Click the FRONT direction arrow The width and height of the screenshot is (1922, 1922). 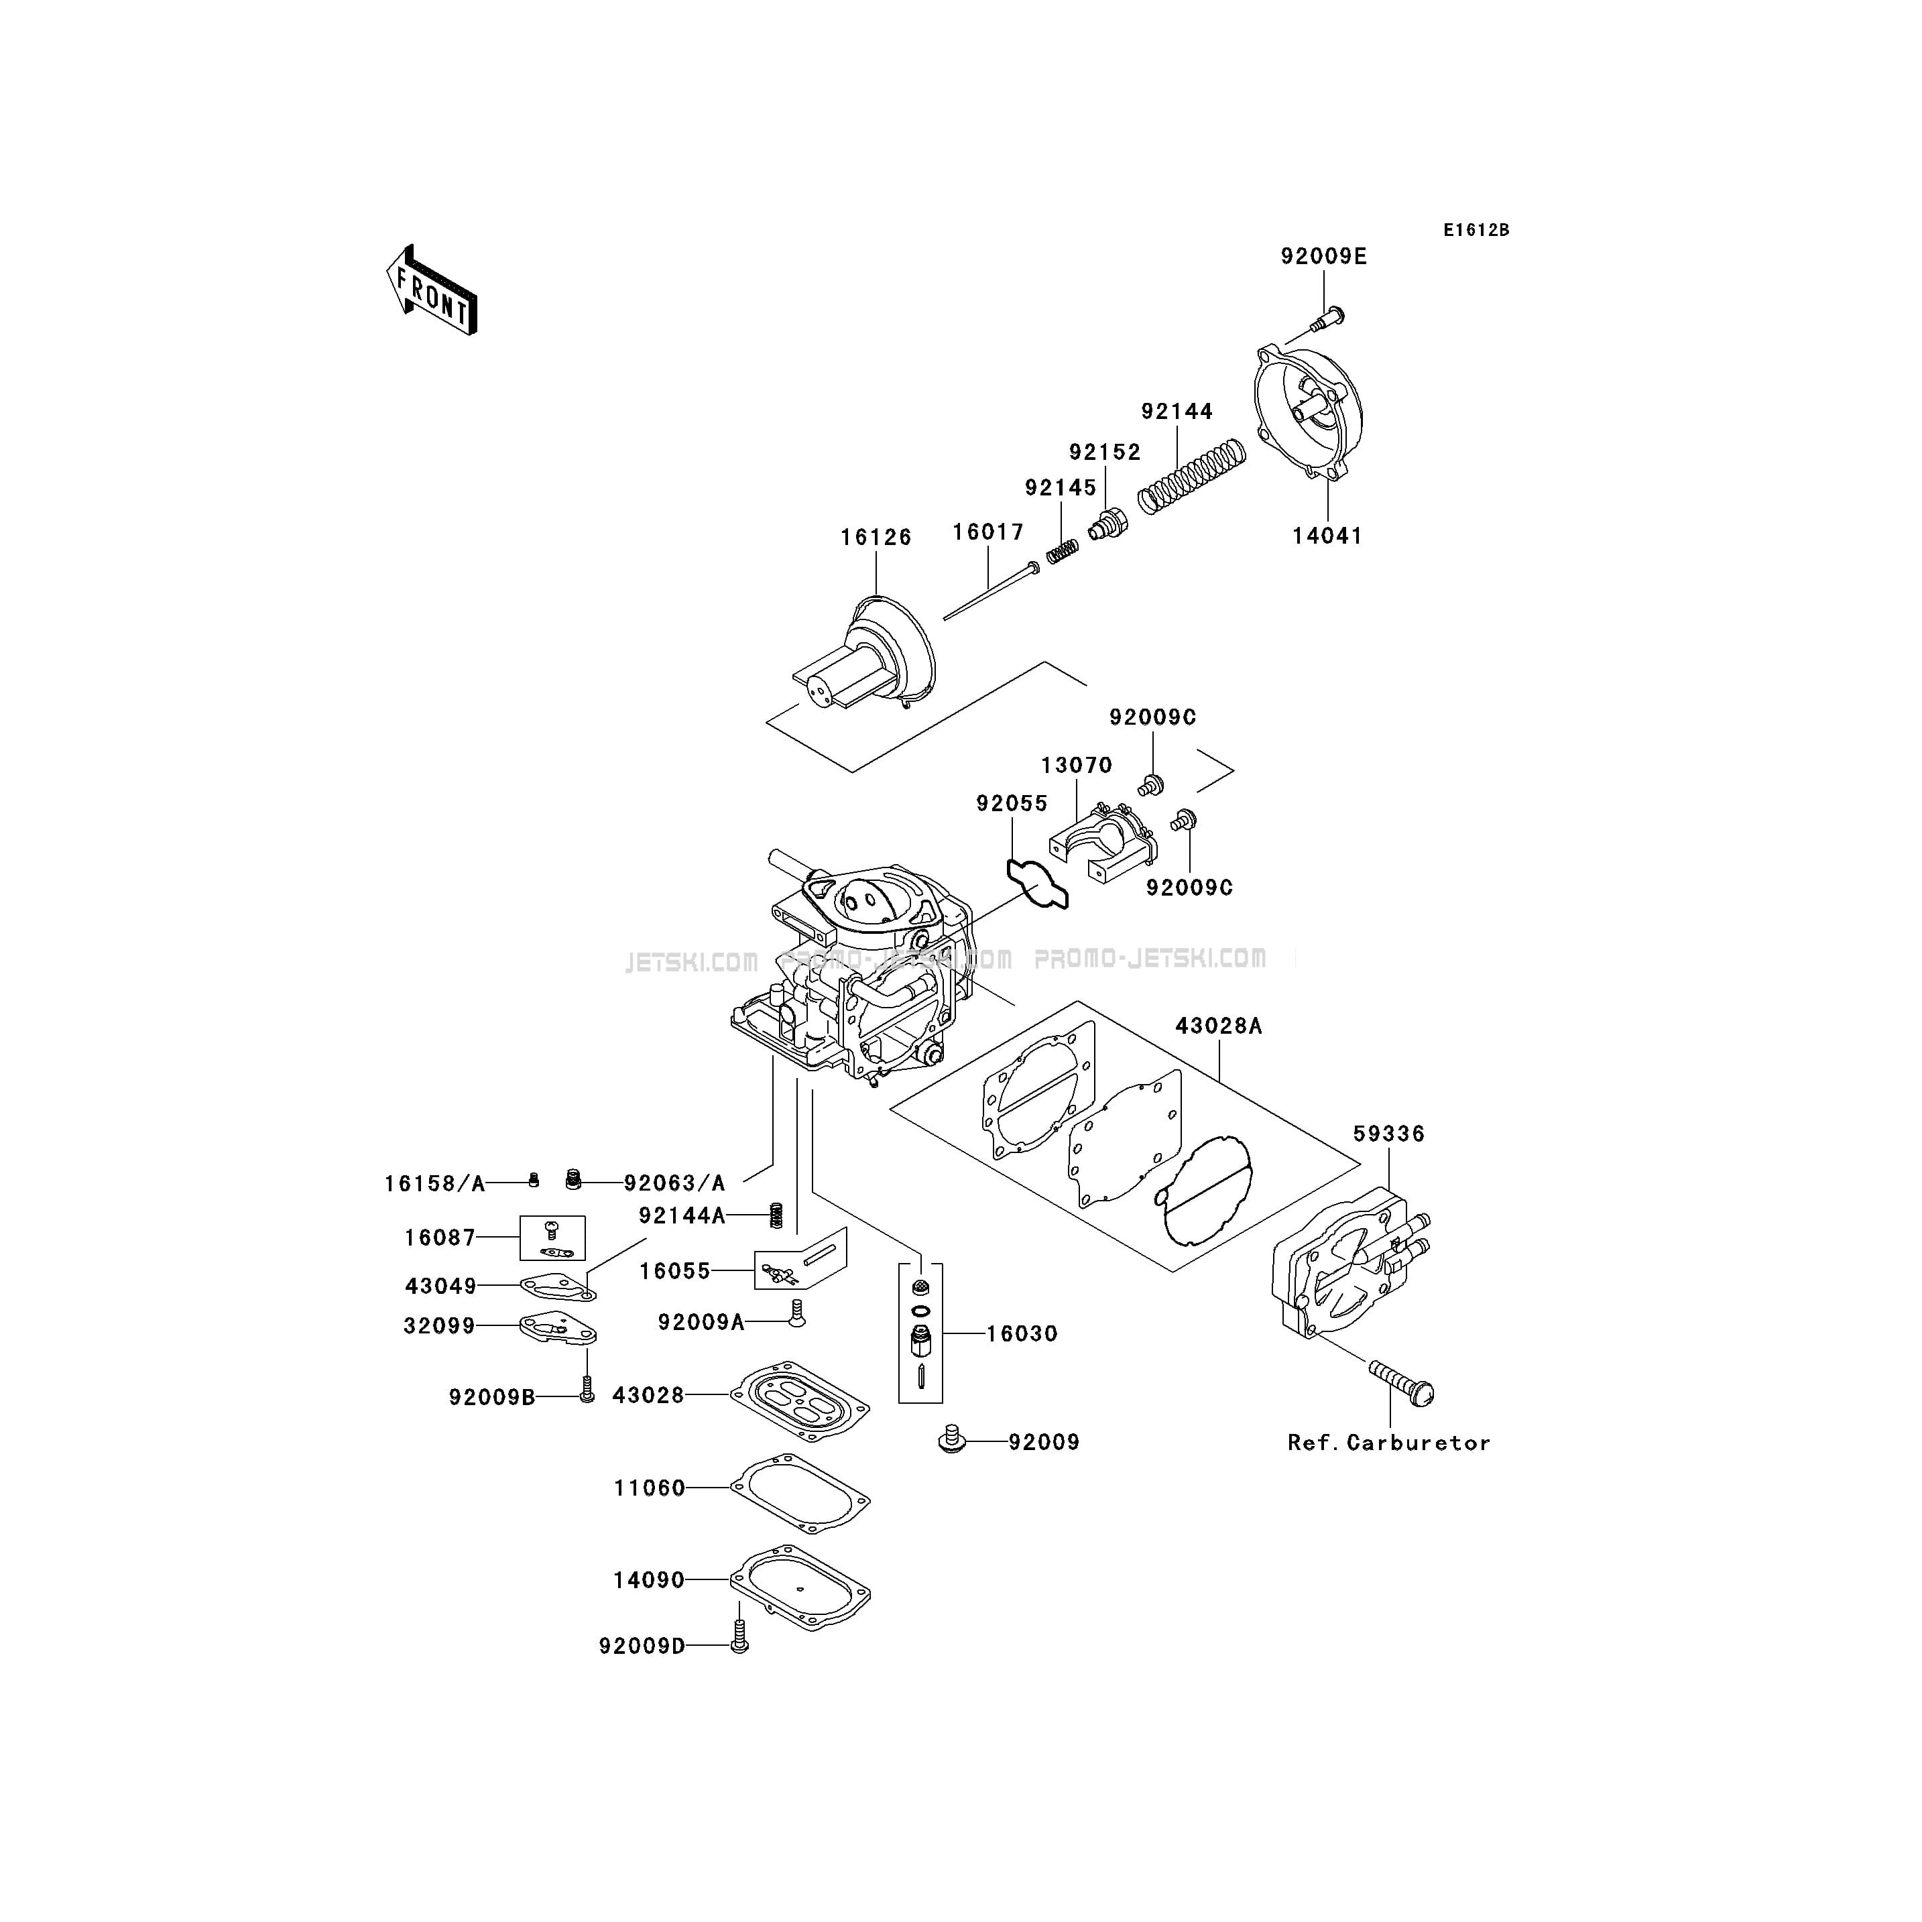(x=431, y=290)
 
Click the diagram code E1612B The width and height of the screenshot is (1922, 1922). (x=1476, y=230)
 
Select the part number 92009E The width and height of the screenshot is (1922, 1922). (x=1323, y=257)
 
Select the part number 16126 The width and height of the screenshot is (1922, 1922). (x=876, y=537)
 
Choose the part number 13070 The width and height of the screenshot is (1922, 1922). (x=1077, y=765)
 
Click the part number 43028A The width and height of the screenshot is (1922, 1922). (x=1219, y=1026)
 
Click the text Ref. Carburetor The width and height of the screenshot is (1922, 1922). (x=1389, y=1443)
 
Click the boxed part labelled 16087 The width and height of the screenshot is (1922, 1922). (x=552, y=1238)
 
